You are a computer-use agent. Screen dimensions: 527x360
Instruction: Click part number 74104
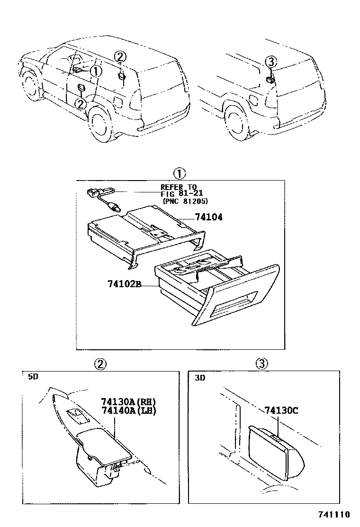click(x=208, y=218)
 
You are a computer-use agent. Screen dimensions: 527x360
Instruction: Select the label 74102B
click(x=125, y=285)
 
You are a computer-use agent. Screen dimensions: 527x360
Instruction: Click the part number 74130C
click(x=281, y=410)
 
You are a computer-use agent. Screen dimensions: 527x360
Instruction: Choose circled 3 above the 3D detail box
click(x=262, y=363)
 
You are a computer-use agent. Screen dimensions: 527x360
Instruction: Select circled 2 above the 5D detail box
click(x=99, y=363)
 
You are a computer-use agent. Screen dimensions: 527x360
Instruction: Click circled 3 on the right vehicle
click(x=270, y=62)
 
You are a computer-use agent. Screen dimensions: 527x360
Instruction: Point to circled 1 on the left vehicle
click(x=96, y=71)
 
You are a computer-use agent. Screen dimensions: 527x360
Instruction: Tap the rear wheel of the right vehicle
click(x=236, y=123)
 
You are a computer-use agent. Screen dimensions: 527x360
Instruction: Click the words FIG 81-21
click(x=181, y=193)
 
